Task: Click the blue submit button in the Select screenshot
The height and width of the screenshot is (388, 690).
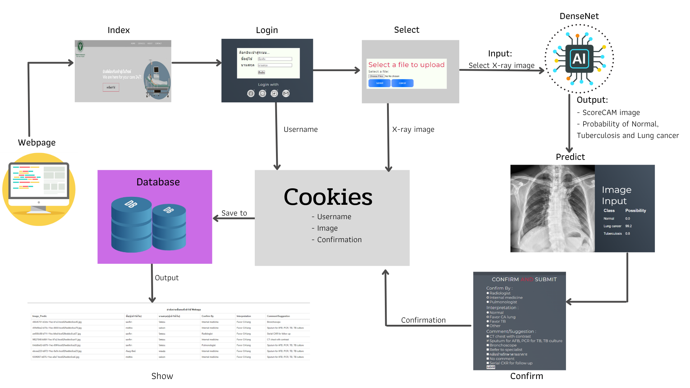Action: [379, 83]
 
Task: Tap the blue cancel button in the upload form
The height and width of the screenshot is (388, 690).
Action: [402, 83]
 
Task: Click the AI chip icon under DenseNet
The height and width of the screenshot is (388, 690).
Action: [579, 59]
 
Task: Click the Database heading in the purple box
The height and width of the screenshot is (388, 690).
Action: [158, 182]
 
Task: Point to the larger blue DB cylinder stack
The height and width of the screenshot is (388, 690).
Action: [131, 225]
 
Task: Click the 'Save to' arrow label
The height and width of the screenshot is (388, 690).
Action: [234, 213]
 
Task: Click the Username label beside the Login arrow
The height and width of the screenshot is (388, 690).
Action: [300, 129]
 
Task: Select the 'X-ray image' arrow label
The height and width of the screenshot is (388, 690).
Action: [413, 129]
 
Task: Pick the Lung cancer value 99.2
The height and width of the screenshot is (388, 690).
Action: [628, 226]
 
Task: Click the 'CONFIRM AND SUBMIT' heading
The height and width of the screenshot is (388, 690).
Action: [524, 279]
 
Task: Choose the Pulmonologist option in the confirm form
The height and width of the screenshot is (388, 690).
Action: [503, 302]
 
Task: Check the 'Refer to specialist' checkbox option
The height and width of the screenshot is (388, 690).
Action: [488, 350]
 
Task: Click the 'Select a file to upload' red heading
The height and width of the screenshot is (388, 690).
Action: [406, 65]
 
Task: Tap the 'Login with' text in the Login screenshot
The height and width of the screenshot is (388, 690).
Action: [268, 84]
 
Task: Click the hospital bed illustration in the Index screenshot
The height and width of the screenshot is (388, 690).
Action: [157, 81]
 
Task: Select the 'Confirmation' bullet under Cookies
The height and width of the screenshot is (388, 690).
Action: [339, 240]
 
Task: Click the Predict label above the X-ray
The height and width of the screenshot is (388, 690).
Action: [570, 157]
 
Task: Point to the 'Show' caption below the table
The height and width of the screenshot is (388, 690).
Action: [162, 376]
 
